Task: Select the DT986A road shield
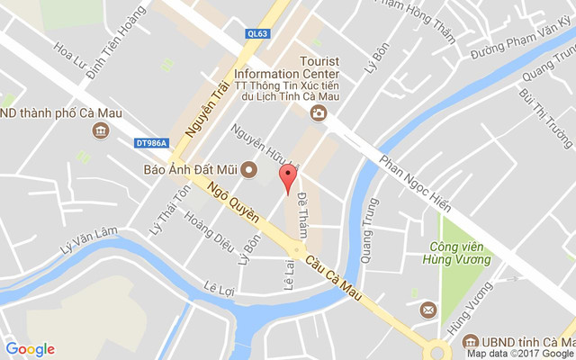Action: (x=152, y=142)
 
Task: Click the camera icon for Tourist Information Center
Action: (x=317, y=112)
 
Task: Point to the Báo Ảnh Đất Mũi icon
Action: (x=249, y=168)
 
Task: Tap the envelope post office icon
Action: (x=427, y=310)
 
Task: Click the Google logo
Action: (x=30, y=349)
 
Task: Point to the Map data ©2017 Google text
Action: (x=519, y=354)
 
